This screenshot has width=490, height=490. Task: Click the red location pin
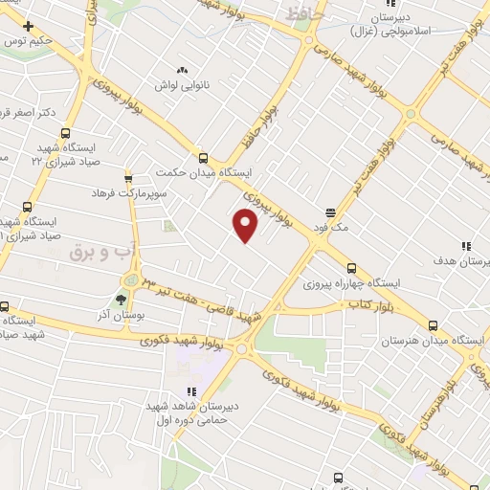pyautogui.click(x=246, y=226)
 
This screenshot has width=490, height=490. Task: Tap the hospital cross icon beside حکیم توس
pyautogui.click(x=29, y=25)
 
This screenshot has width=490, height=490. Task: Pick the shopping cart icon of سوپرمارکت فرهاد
pyautogui.click(x=128, y=179)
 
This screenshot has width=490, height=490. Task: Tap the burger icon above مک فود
pyautogui.click(x=331, y=212)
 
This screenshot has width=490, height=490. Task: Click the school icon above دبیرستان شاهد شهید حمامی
pyautogui.click(x=190, y=390)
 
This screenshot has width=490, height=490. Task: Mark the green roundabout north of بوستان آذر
pyautogui.click(x=131, y=279)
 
